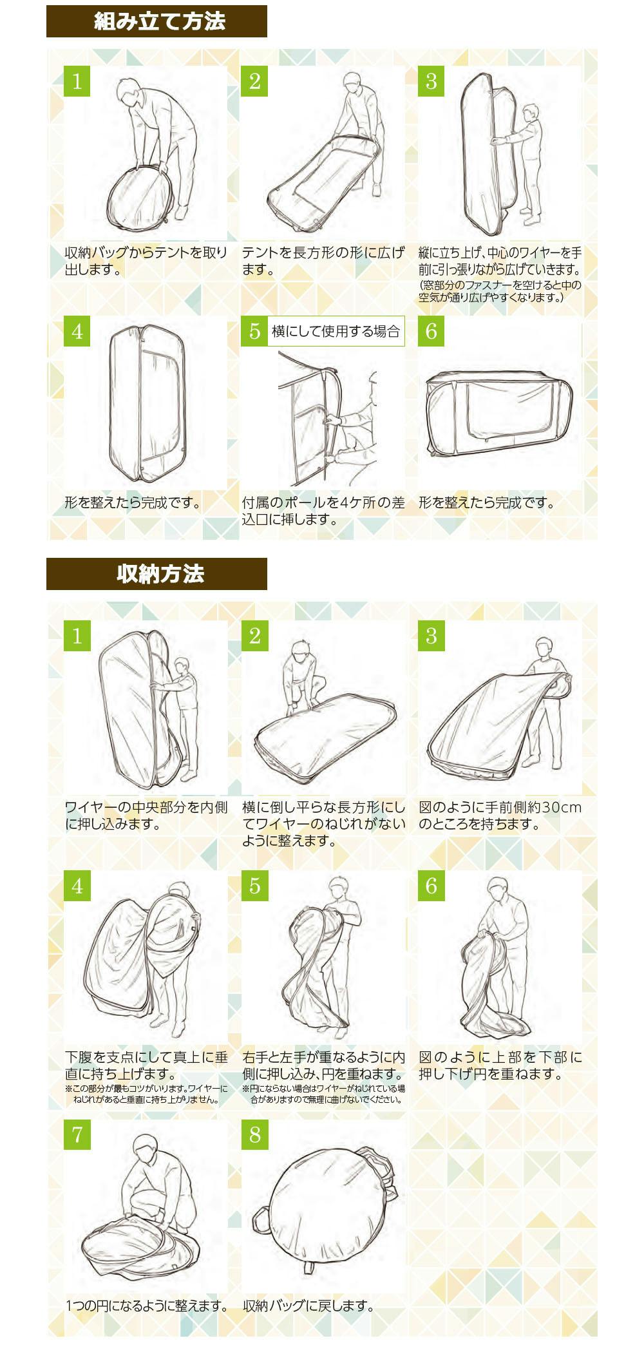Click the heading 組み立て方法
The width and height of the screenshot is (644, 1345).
159,21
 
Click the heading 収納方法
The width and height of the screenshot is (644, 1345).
160,573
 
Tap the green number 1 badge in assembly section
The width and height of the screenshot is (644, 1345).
77,82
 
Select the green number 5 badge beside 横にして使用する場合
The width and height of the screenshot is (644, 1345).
254,331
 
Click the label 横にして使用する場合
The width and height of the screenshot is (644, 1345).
336,331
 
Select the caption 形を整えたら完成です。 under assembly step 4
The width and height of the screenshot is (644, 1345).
133,502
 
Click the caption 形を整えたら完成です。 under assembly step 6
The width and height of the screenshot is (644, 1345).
487,502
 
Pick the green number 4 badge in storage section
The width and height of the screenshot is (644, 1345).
77,886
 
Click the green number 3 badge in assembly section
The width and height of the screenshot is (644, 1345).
431,82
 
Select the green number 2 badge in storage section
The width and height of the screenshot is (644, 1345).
254,636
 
